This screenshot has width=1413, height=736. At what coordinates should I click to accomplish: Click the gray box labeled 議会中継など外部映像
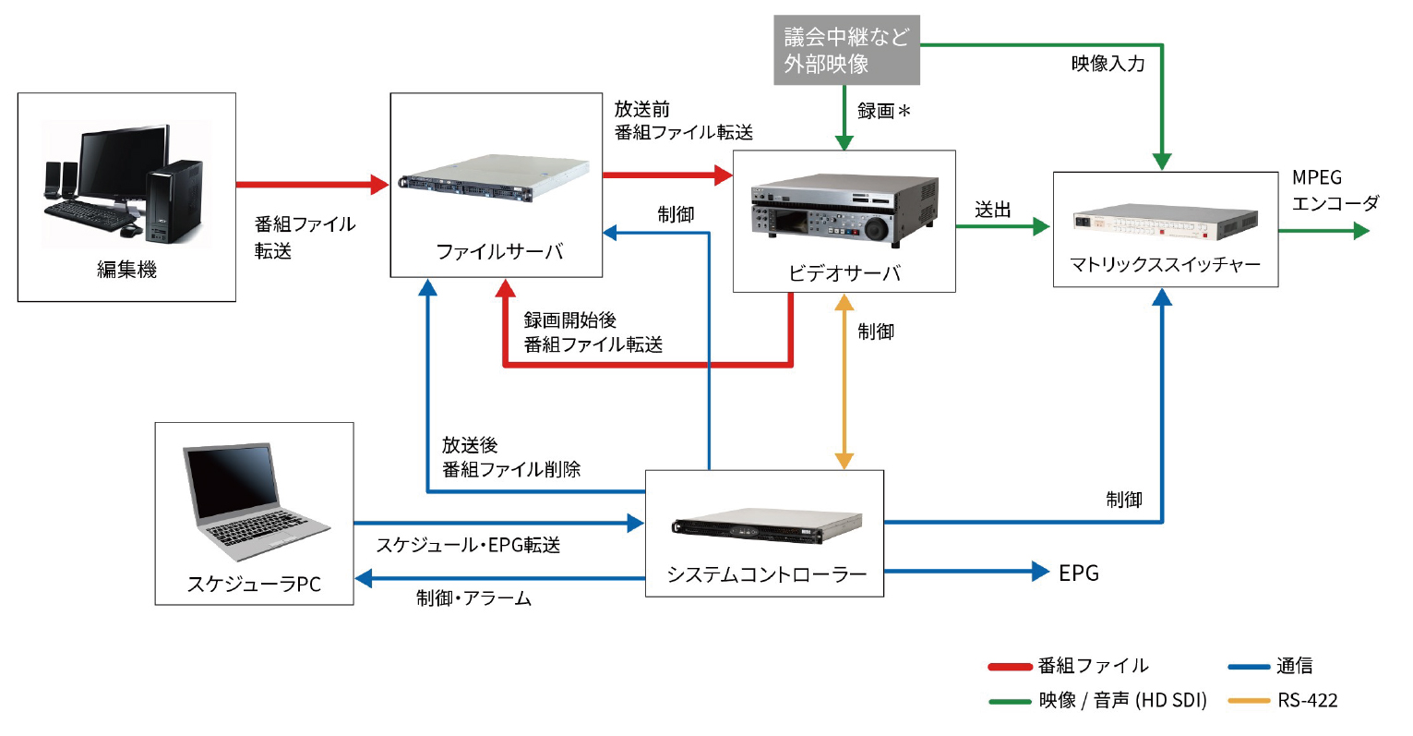[x=846, y=51]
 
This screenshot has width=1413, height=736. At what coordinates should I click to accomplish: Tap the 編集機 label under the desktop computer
[x=127, y=270]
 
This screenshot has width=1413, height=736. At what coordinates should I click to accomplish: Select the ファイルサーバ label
[x=498, y=251]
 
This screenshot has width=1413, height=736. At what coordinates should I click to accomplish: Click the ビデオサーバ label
[x=844, y=273]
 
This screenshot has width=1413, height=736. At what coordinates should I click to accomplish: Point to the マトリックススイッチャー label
[x=1165, y=265]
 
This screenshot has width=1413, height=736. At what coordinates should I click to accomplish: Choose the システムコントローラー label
[x=766, y=575]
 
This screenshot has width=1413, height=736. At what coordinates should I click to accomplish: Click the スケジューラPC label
[x=254, y=585]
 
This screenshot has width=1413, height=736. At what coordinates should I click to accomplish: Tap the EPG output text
[x=1078, y=573]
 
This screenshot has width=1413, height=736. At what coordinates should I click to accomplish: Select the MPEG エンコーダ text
[x=1335, y=190]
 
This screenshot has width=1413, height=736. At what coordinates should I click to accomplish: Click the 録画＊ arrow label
[x=883, y=112]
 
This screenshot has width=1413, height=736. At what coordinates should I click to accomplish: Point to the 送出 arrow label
[x=993, y=211]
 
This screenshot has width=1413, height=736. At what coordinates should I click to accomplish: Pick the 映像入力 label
[x=1108, y=64]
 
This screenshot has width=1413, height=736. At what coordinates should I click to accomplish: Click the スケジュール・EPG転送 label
[x=468, y=546]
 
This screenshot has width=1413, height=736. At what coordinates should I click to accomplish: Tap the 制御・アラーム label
[x=473, y=598]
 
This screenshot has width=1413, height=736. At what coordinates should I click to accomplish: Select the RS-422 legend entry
[x=1308, y=700]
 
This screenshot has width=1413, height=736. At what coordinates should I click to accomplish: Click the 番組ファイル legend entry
[x=1093, y=666]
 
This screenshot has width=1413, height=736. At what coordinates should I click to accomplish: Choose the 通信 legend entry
[x=1294, y=666]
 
